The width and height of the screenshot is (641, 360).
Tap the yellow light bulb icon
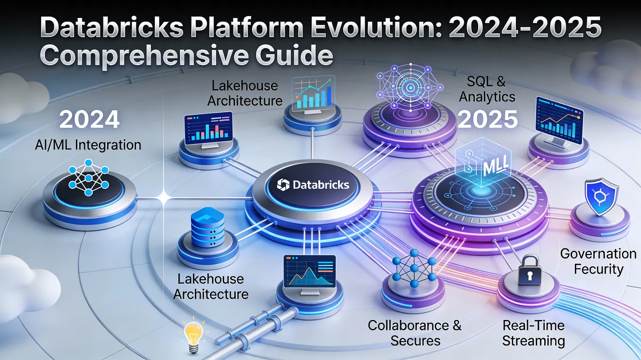click(192, 333)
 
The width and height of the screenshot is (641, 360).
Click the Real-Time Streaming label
click(533, 333)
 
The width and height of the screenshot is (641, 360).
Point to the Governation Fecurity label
click(598, 261)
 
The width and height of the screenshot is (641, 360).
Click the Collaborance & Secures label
click(415, 333)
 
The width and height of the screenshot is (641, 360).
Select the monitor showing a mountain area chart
click(309, 272)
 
